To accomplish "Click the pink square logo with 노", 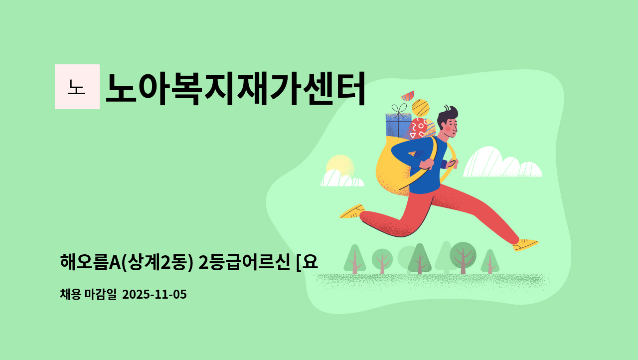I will (77, 87).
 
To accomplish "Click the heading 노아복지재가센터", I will (235, 88).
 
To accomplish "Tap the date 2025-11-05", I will (154, 295).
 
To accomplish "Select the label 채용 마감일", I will (88, 295).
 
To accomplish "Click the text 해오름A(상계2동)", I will (127, 261).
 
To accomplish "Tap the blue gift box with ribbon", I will (398, 125).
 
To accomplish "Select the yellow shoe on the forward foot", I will (525, 244).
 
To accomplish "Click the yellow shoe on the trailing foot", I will (352, 211).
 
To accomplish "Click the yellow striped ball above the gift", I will (421, 108).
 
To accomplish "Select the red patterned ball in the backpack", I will (418, 129).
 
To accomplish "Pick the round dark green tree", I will (463, 255).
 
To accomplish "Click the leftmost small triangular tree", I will (354, 258).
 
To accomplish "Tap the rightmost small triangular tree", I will (490, 261).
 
